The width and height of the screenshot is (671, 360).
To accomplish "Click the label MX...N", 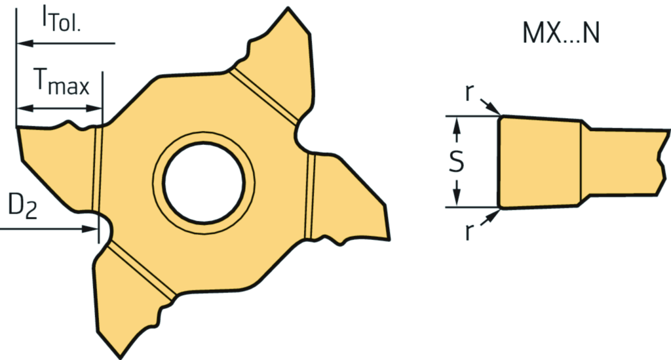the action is [x=561, y=33].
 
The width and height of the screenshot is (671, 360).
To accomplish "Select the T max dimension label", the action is [x=62, y=82].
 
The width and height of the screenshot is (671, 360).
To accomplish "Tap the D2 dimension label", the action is [x=23, y=207].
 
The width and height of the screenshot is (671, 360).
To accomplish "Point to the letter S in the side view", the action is [x=457, y=161].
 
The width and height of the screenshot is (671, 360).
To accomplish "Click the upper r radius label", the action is [x=469, y=93].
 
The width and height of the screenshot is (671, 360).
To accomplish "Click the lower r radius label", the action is [x=469, y=231].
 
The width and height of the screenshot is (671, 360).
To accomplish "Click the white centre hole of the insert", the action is [x=204, y=182].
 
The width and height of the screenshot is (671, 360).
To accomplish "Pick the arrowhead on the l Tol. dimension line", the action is [x=25, y=43].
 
